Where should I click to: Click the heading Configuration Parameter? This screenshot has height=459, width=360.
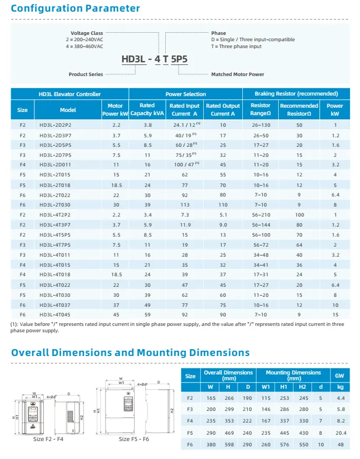[x=75, y=8]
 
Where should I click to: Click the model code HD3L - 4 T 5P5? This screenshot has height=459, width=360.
[x=155, y=60]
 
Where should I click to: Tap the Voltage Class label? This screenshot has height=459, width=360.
[x=87, y=33]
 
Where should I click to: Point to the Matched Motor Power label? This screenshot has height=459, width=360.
[x=238, y=74]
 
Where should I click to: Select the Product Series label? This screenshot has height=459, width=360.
[x=86, y=74]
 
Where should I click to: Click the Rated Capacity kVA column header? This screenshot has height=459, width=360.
[x=147, y=110]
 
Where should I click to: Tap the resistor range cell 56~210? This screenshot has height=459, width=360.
[x=261, y=216]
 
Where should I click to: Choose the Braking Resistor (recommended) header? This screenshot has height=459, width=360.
[x=296, y=94]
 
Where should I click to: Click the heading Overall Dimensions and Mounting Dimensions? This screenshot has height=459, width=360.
[x=130, y=353]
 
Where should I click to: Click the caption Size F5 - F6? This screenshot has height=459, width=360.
[x=133, y=439]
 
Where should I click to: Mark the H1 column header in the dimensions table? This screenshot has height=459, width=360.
[x=284, y=386]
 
